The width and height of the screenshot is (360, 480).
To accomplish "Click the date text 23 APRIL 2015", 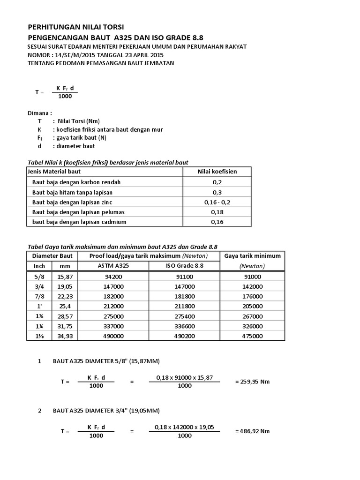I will pos(133,55).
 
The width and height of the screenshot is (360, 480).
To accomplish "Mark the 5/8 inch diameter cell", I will pos(39,277).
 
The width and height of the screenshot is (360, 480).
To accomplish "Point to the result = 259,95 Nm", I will pos(252,382).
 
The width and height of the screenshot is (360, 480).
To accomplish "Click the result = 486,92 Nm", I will pos(252,431).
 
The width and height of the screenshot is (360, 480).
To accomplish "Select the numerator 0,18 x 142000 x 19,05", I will pos(184,427).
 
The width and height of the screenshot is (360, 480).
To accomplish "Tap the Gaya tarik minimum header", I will pos(253,256).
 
